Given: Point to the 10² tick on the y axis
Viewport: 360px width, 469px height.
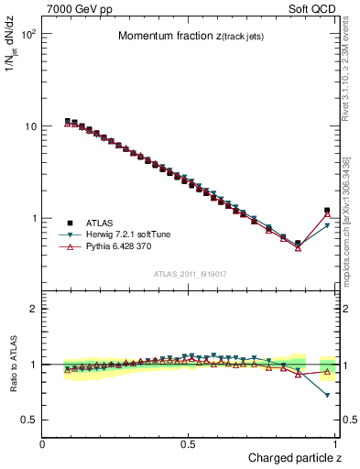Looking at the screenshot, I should click(x=29, y=34).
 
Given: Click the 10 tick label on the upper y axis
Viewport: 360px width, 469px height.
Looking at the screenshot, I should click(x=31, y=126).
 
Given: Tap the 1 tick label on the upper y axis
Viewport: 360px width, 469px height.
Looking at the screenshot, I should click(x=35, y=219).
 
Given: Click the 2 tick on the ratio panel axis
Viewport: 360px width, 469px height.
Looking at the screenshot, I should click(x=35, y=309).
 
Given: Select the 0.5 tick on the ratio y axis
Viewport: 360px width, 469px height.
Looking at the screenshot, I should click(x=29, y=420).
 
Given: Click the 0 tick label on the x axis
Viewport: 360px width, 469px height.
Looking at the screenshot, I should click(x=44, y=443).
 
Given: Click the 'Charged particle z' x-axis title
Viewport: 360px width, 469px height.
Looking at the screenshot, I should click(x=294, y=457).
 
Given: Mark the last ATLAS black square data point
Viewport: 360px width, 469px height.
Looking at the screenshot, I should click(x=327, y=211).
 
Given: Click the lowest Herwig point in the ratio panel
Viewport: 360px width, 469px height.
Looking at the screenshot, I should click(x=327, y=396).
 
